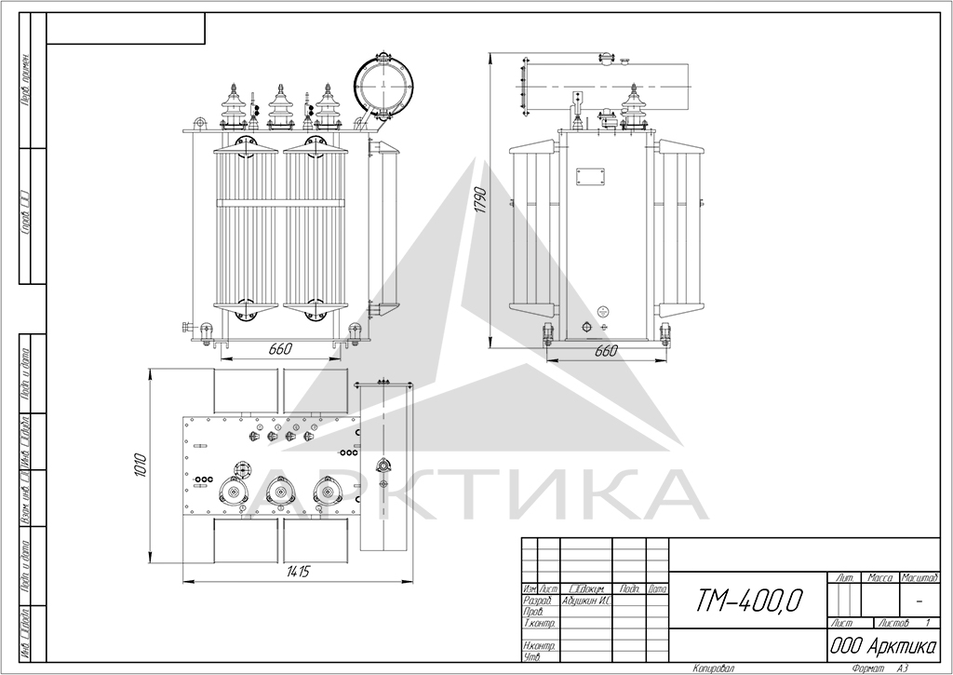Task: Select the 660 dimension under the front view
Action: pyautogui.click(x=280, y=349)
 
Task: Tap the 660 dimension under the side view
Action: pyautogui.click(x=606, y=351)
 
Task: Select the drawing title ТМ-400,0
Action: pyautogui.click(x=747, y=601)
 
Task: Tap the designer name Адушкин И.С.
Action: pyautogui.click(x=585, y=601)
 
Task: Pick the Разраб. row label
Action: pyautogui.click(x=539, y=601)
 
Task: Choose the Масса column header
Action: pyautogui.click(x=880, y=578)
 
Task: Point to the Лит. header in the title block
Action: pyautogui.click(x=845, y=578)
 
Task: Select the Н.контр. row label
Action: pyautogui.click(x=539, y=645)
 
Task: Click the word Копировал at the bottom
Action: pyautogui.click(x=714, y=668)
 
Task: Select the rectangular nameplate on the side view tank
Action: pyautogui.click(x=589, y=178)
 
